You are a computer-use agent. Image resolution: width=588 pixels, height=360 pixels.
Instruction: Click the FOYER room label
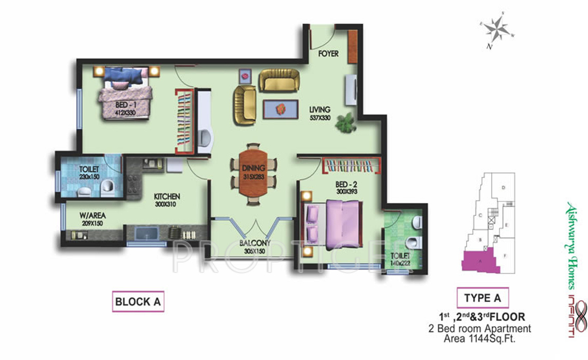pos(328,53)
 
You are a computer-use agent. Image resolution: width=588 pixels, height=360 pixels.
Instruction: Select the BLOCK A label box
pos(137,302)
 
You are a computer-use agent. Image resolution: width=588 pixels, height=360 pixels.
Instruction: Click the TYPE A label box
pos(483,298)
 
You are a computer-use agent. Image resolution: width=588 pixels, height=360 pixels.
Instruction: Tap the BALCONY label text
pos(254,244)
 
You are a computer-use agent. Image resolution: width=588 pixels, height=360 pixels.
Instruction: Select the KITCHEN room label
pos(167,196)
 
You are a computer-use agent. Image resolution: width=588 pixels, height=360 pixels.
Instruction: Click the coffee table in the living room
pos(280,109)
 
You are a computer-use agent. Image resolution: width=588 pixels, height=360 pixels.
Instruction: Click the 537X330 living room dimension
pos(319,117)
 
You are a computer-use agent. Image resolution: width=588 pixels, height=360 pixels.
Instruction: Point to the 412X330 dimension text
pos(125,113)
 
